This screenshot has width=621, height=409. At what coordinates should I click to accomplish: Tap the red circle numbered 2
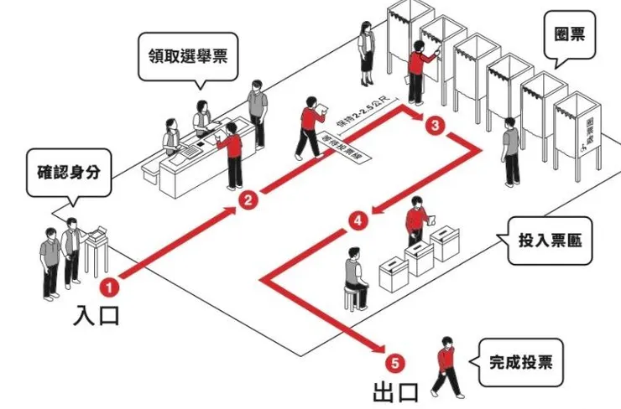point(248,199)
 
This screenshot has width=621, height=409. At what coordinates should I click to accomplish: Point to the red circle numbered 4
point(358,221)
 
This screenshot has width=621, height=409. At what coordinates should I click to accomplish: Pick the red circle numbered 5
point(397,363)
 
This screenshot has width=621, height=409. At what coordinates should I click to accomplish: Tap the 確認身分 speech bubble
point(68,173)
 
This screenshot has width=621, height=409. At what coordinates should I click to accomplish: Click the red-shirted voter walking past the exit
point(447,366)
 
